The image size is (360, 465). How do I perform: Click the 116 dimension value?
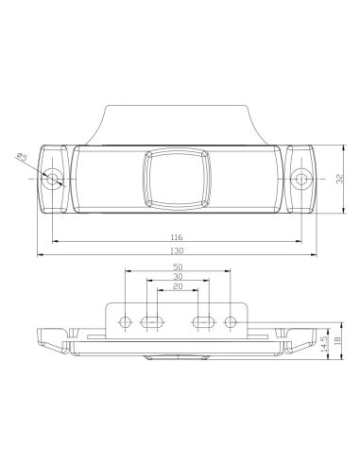coord(177,237)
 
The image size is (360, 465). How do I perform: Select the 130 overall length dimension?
coord(177,251)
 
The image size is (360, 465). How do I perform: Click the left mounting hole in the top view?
coord(55,178)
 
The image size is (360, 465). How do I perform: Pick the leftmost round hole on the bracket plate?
coord(125,322)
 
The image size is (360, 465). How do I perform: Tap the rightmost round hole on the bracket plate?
coord(230,322)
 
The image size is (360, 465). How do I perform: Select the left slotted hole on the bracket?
coord(149,322)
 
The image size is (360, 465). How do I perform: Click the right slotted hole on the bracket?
coord(203,322)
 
